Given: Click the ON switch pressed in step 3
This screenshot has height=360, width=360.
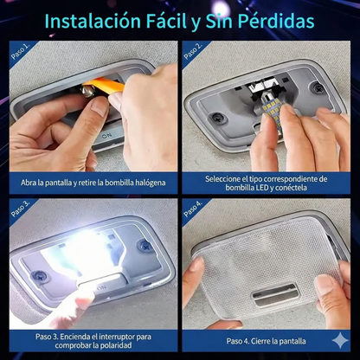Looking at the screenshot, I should (x=101, y=286).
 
